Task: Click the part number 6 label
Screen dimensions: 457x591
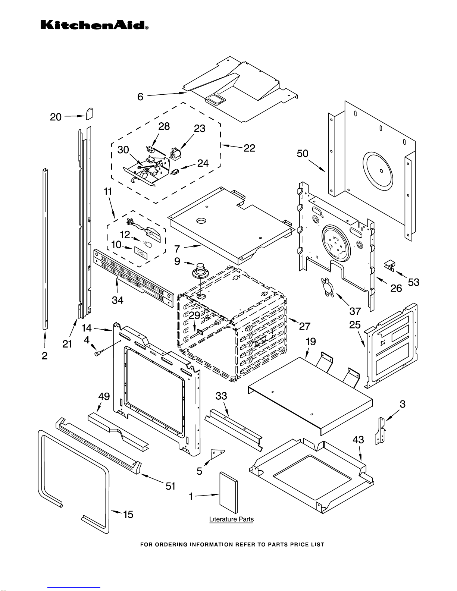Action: (140, 97)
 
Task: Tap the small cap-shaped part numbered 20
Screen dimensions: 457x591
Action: (90, 114)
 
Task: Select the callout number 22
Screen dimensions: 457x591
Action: (249, 148)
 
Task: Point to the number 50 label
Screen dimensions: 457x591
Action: (303, 154)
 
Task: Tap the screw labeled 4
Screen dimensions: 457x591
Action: (98, 353)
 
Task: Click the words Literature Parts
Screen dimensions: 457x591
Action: (232, 519)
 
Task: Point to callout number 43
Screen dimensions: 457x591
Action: (358, 440)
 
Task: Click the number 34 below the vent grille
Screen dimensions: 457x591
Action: (118, 300)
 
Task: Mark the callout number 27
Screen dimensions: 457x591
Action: (305, 326)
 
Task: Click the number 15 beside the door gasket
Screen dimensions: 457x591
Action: (128, 515)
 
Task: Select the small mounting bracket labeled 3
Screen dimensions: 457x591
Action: (381, 431)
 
